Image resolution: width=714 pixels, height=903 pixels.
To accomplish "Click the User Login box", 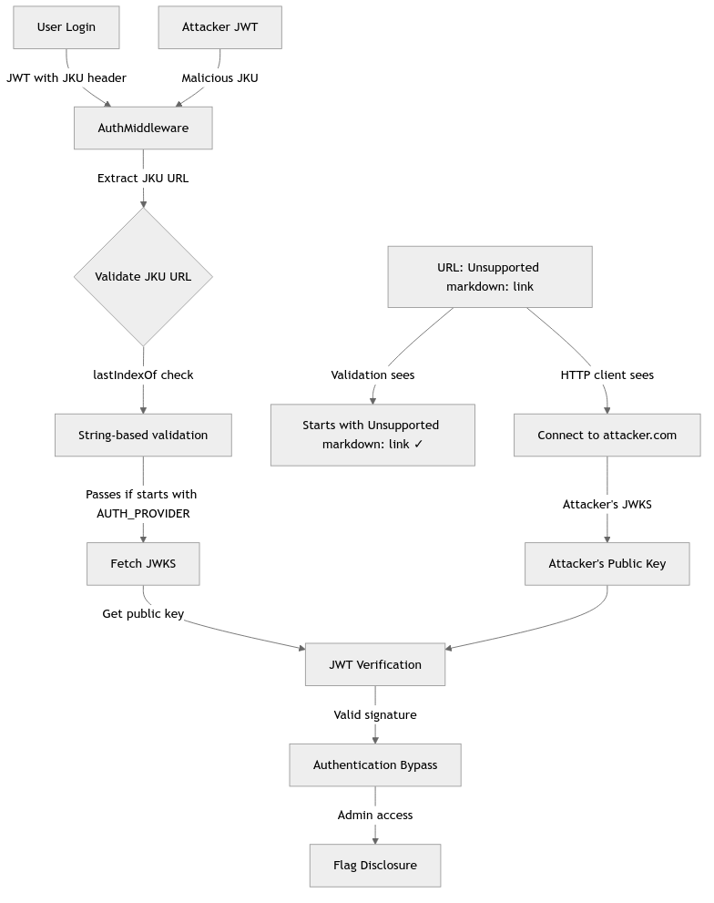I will click(66, 27).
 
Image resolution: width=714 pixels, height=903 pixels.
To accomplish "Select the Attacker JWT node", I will click(219, 27).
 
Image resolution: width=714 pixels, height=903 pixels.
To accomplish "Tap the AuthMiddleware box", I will click(143, 128).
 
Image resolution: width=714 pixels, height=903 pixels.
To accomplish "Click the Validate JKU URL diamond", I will click(143, 276).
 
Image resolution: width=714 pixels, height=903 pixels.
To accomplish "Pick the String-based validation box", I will click(143, 435).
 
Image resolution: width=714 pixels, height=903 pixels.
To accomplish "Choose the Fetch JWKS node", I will click(143, 563).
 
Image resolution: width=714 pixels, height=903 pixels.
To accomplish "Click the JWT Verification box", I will click(375, 664).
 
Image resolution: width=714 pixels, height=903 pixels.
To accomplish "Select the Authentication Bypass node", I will click(375, 764).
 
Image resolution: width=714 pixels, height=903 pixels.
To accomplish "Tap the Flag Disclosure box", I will click(375, 865).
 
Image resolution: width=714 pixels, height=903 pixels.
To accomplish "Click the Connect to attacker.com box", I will click(607, 435).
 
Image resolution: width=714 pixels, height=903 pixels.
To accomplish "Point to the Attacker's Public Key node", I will click(607, 563).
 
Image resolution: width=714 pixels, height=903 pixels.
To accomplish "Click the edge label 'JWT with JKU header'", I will click(66, 77).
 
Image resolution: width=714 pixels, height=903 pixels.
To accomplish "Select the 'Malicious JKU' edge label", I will click(219, 77).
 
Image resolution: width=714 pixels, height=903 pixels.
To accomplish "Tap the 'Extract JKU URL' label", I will click(143, 178).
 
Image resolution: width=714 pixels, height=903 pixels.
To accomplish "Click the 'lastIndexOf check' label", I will click(143, 375).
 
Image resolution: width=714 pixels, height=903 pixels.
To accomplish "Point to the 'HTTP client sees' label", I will click(607, 375).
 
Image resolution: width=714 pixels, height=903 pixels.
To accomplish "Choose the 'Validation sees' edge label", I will click(372, 375).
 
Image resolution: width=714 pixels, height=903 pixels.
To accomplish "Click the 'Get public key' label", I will click(143, 613).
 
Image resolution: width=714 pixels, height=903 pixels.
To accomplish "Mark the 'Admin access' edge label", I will click(375, 815).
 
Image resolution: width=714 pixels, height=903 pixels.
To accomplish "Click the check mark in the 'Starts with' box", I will click(417, 445).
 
